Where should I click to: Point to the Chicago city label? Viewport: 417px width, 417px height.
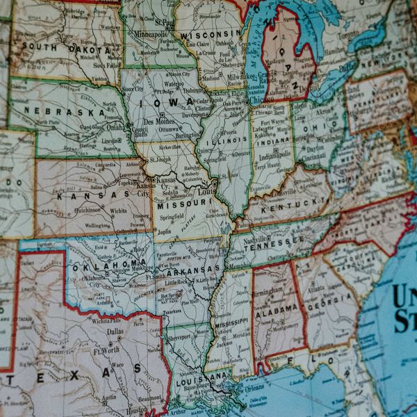point(259,99)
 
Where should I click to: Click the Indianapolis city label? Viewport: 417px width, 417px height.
point(276,154)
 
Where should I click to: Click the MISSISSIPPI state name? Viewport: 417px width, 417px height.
point(231,324)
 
